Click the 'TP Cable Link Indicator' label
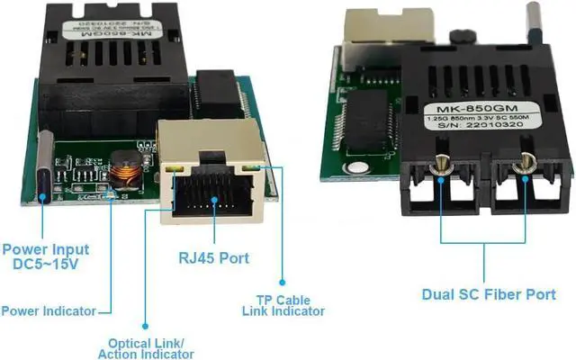[x=283, y=305]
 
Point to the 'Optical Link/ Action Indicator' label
[x=146, y=349]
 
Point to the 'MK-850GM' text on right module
[x=458, y=110]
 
